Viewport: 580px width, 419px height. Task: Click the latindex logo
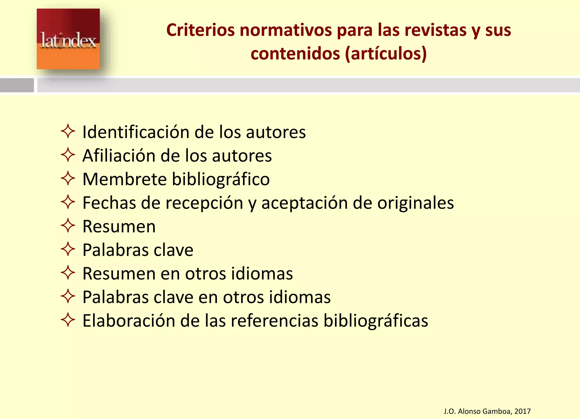pos(68,39)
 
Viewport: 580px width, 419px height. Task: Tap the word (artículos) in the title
pos(386,54)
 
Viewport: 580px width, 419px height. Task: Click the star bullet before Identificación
pos(68,131)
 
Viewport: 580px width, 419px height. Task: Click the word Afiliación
pos(119,156)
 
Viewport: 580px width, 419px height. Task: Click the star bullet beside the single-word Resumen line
pos(68,226)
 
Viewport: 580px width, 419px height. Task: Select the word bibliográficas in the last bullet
pos(376,321)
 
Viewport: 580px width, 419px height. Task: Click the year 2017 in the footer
pos(523,411)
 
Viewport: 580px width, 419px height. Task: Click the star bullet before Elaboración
pos(68,320)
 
